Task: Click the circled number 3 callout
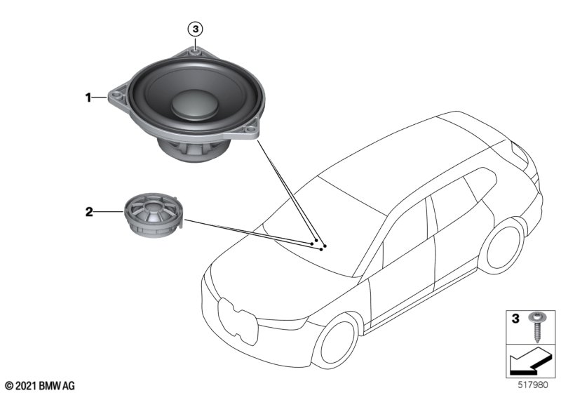(196, 29)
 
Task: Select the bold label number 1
(89, 99)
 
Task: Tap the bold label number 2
(89, 211)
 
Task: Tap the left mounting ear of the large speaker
(114, 98)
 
